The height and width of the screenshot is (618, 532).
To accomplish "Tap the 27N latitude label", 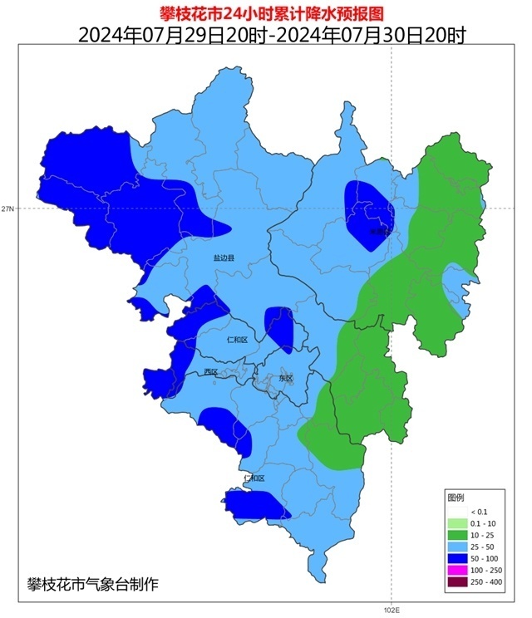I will tap(7, 208).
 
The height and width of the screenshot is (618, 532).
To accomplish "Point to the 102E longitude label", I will tap(392, 611).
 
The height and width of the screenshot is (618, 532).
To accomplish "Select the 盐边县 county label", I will tap(224, 259).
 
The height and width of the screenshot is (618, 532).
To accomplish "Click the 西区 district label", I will tap(210, 372).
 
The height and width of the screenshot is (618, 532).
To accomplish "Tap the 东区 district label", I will tap(286, 378).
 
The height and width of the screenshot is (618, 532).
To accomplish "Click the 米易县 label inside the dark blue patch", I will tap(378, 232).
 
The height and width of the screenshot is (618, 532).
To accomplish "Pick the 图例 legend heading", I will tap(456, 497).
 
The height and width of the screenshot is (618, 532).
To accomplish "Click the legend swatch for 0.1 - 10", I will tap(457, 523).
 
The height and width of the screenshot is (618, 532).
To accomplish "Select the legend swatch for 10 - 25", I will tap(457, 536).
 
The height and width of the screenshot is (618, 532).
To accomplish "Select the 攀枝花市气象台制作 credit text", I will tap(92, 584).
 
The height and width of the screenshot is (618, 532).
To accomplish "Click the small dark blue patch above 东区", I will tap(279, 328).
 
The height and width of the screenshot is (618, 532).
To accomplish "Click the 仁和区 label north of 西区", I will tap(237, 340).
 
